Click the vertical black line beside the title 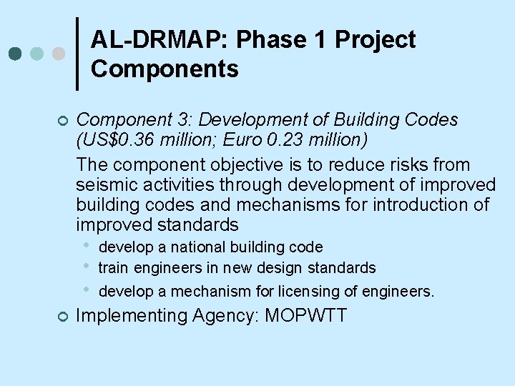point(77,54)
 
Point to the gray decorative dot point(59,54)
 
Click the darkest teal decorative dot point(14,54)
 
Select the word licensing point(295,292)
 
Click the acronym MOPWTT point(305,315)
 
